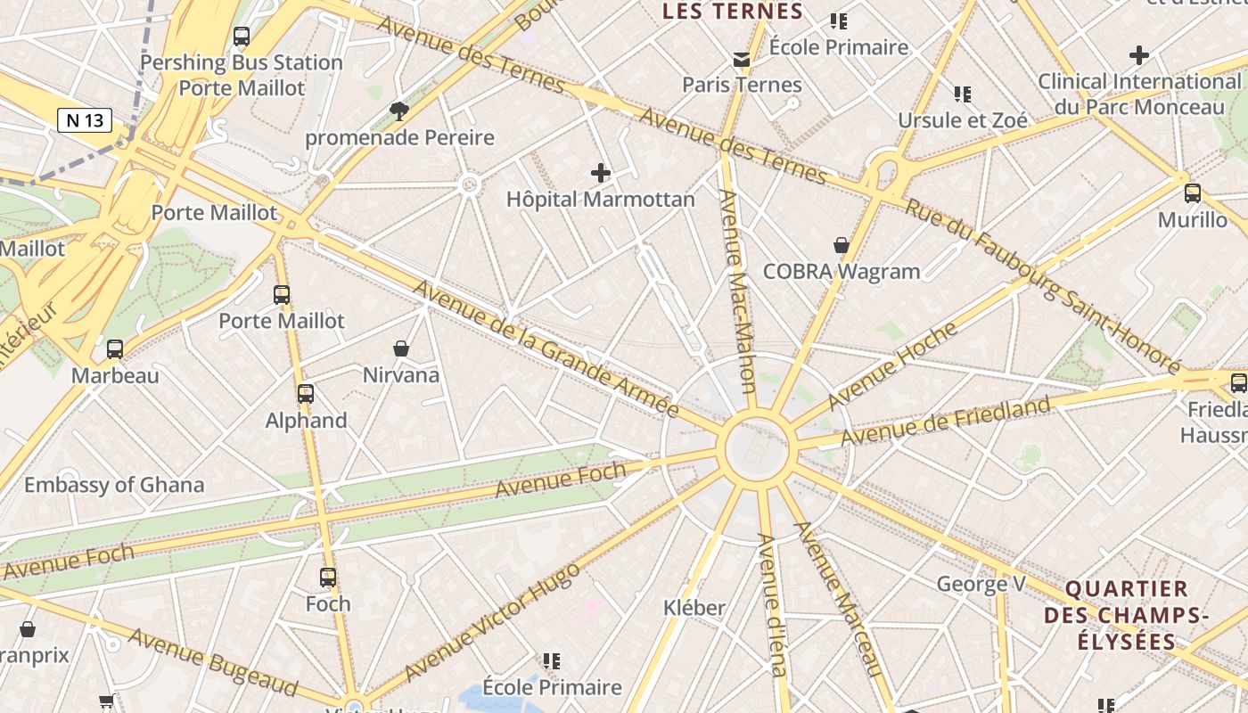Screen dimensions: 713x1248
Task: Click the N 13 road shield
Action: coord(85,120)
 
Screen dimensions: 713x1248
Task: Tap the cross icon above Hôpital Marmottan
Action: coord(601,172)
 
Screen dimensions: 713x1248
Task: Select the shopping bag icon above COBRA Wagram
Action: coord(841,244)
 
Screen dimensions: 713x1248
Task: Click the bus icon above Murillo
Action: coord(1193,193)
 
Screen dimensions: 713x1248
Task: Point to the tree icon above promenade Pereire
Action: coord(399,111)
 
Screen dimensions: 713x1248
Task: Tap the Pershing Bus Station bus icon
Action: coord(242,37)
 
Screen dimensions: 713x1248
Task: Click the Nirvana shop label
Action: coord(401,375)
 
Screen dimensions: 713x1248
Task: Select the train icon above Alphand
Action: coord(306,393)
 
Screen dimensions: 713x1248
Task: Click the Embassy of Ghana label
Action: coord(114,485)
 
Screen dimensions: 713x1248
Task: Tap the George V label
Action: coord(981,585)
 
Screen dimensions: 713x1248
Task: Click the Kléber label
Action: coord(694,608)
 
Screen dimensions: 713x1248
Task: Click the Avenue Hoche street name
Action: coord(892,365)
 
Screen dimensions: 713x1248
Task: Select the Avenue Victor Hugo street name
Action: coord(491,621)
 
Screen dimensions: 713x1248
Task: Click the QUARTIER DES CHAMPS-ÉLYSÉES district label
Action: coord(1127,615)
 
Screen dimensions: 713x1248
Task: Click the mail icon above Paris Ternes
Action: coord(742,60)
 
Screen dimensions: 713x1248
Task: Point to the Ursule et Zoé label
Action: coord(962,120)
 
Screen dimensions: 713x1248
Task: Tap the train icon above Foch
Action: coord(328,578)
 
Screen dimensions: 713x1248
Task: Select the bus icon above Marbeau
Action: coord(115,349)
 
